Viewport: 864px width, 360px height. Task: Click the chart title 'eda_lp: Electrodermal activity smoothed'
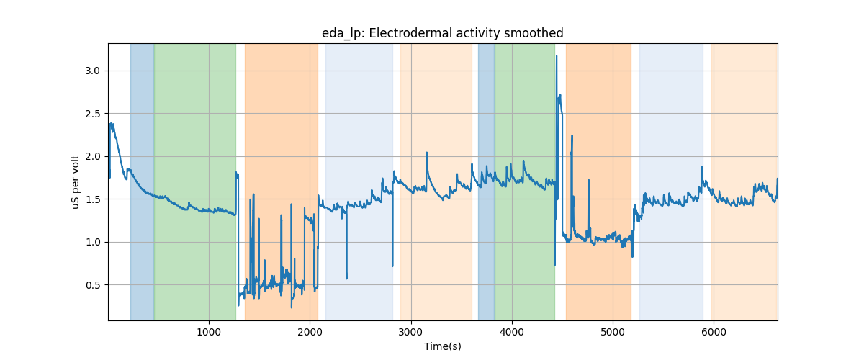coord(442,33)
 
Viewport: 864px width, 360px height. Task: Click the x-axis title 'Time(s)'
coord(442,346)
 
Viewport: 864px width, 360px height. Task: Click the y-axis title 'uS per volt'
coord(76,181)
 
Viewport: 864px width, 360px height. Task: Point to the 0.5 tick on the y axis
coord(94,285)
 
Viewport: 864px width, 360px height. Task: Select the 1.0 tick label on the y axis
coord(94,242)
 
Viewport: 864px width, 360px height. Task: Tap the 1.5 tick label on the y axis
coord(94,199)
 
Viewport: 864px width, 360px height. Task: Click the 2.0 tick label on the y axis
coord(94,156)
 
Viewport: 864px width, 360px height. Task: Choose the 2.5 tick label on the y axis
coord(94,114)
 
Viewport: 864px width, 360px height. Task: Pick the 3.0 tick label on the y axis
coord(94,71)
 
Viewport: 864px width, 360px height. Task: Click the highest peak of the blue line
coord(557,56)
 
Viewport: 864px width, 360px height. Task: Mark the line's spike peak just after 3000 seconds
coord(427,153)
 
